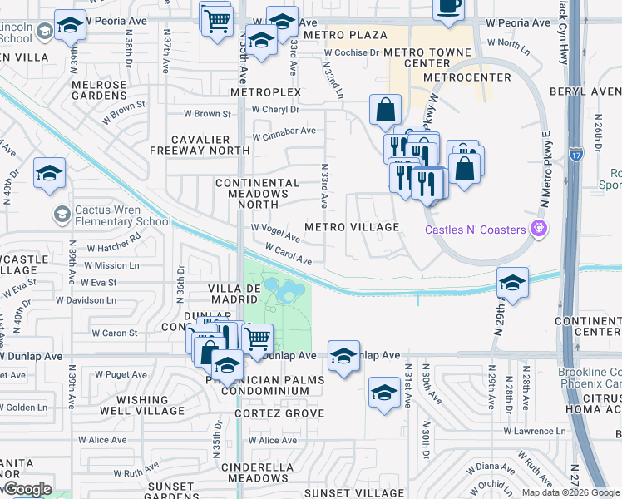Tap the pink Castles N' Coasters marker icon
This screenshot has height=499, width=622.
tap(539, 226)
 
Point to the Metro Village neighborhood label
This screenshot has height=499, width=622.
tap(352, 227)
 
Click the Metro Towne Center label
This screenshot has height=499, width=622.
tap(427, 57)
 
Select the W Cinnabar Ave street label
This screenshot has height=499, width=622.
tap(284, 131)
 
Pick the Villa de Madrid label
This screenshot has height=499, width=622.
tap(235, 294)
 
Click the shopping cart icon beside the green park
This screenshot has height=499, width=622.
tap(257, 338)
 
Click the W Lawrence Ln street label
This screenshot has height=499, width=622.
tap(539, 432)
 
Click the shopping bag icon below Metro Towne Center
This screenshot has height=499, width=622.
tap(385, 110)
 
